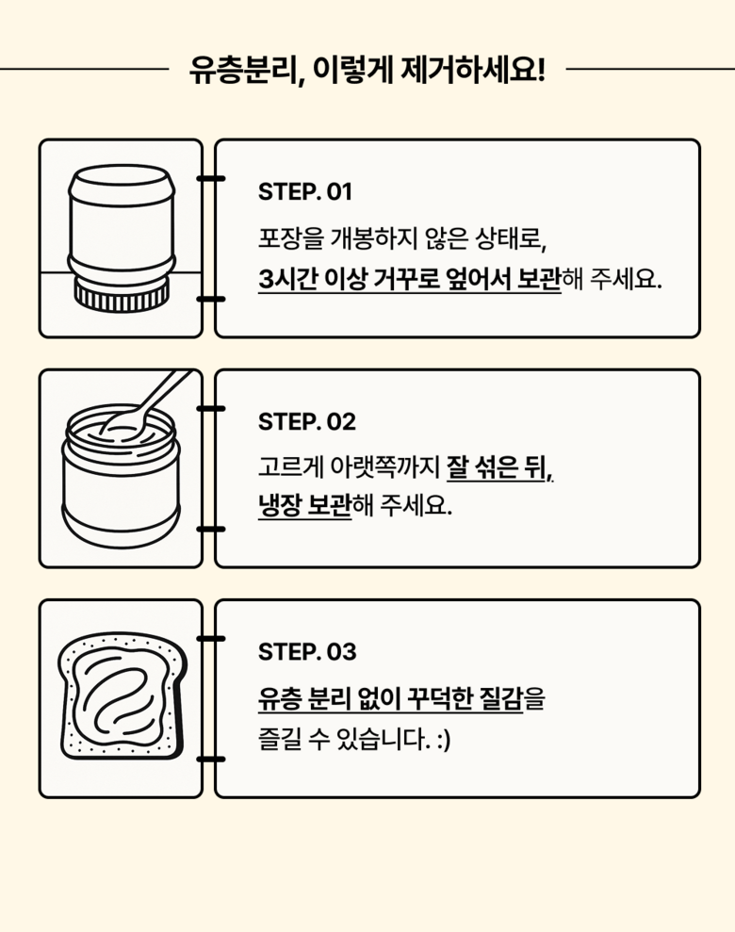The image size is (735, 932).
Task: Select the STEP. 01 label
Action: click(304, 192)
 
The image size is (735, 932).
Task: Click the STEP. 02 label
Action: click(306, 422)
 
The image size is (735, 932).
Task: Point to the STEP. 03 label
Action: click(306, 652)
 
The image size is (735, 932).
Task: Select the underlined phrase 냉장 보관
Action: click(304, 507)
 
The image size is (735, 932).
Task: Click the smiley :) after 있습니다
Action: click(443, 741)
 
